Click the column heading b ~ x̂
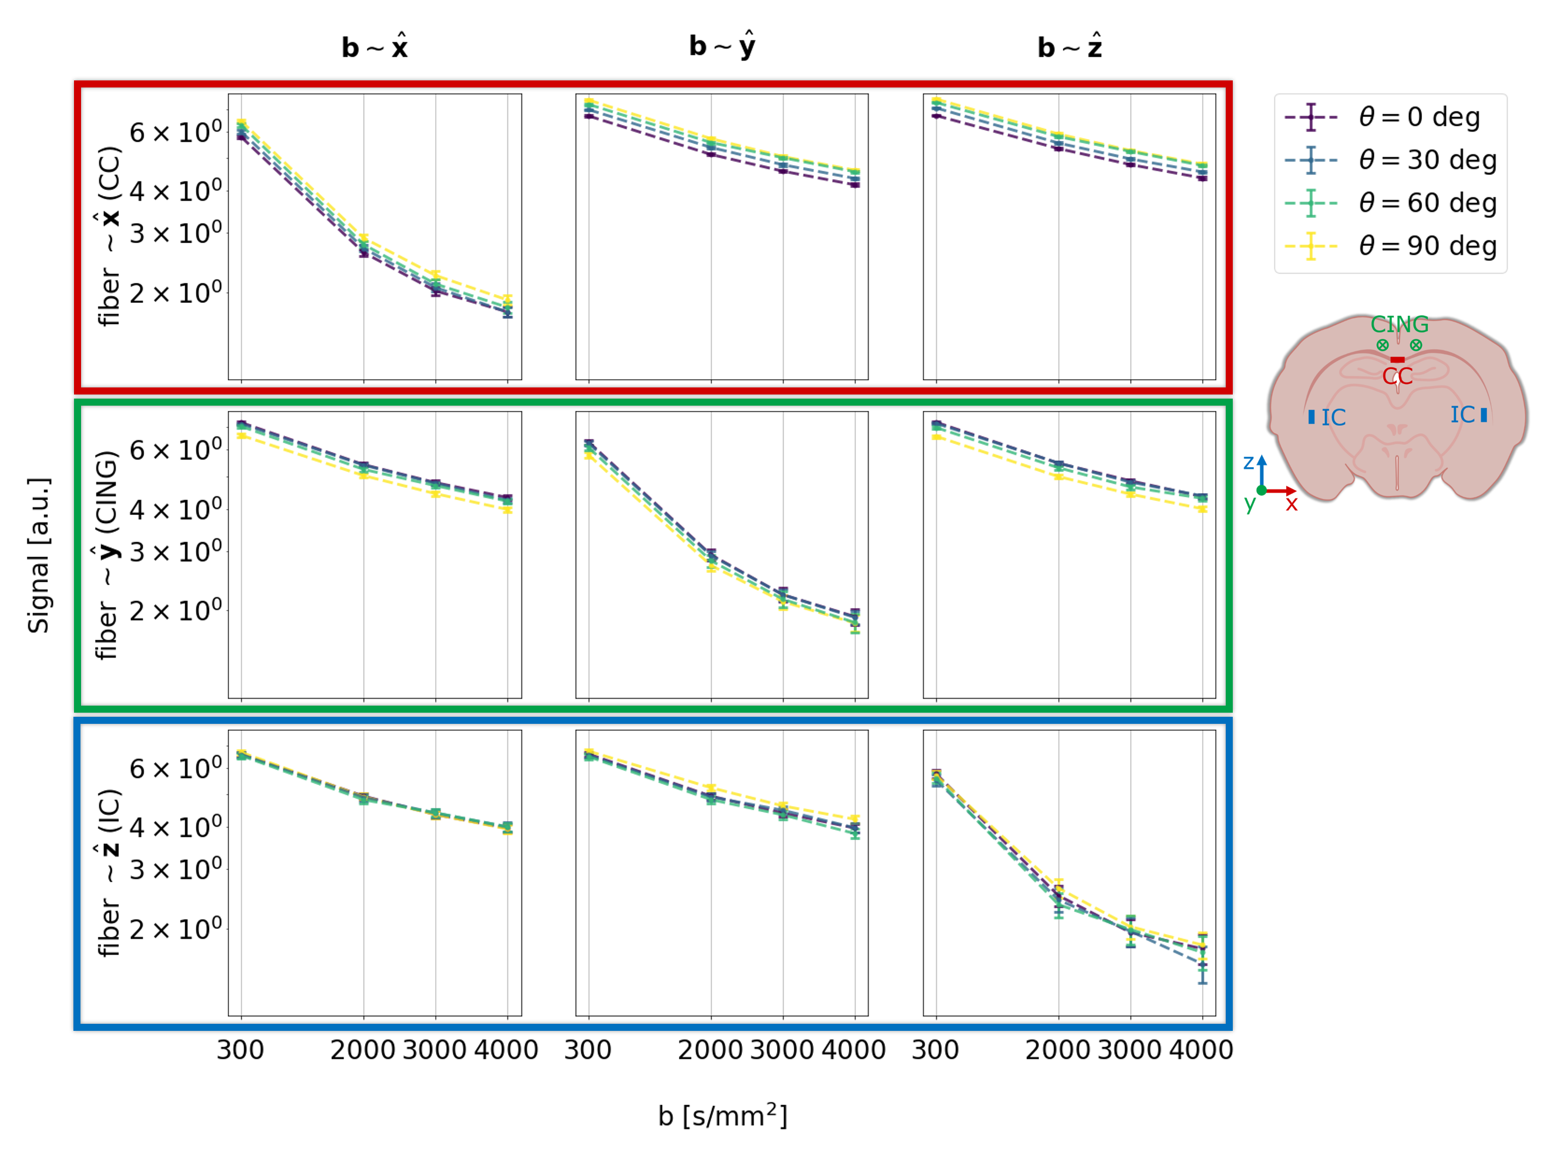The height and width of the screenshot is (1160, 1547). [375, 47]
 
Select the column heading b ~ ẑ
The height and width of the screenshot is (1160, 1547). [1070, 47]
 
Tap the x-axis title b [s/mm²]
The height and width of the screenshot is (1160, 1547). [722, 1115]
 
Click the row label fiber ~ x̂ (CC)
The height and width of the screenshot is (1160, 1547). [109, 237]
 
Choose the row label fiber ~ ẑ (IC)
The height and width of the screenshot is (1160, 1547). [109, 872]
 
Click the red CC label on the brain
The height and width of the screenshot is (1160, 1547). [1397, 376]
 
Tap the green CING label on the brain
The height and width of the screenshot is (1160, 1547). [1399, 325]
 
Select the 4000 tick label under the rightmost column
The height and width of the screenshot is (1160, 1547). [1201, 1050]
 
